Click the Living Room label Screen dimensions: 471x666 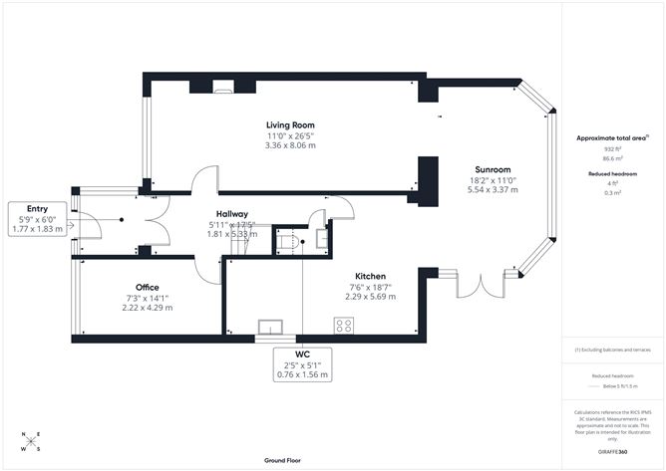pyautogui.click(x=290, y=124)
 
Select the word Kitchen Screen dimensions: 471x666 pyautogui.click(x=372, y=276)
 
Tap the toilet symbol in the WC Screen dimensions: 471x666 pyautogui.click(x=287, y=240)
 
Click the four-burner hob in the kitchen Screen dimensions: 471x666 pyautogui.click(x=345, y=325)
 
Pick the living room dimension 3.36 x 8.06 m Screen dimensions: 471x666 pyautogui.click(x=290, y=145)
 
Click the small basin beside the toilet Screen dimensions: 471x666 pyautogui.click(x=320, y=238)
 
